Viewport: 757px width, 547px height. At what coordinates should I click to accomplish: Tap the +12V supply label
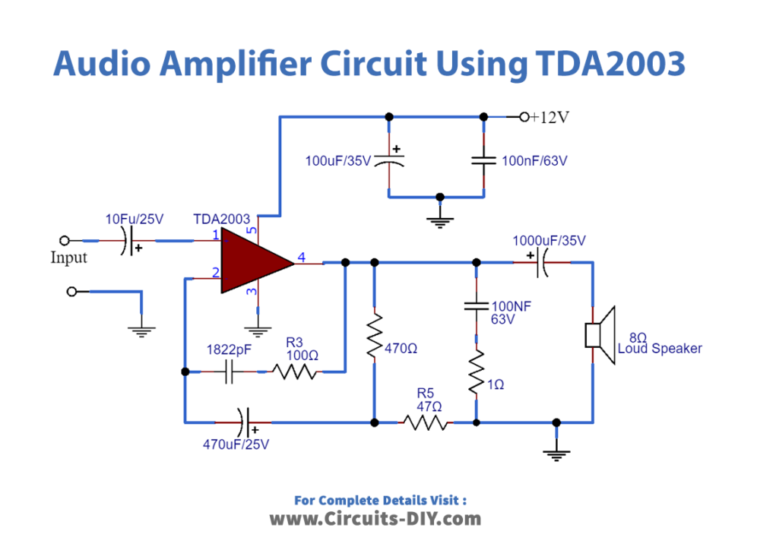click(550, 118)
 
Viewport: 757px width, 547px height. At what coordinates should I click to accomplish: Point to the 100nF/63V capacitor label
click(535, 161)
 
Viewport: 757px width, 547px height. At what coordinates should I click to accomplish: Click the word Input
click(68, 258)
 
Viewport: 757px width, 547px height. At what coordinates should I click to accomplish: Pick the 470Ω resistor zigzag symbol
click(374, 338)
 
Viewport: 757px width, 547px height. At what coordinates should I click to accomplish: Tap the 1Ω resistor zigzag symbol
click(476, 373)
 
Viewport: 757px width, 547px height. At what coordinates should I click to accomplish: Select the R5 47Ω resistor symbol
click(424, 422)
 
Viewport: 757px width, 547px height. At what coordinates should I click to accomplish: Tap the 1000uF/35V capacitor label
click(549, 241)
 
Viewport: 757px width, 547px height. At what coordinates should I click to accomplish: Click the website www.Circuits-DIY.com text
click(375, 519)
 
